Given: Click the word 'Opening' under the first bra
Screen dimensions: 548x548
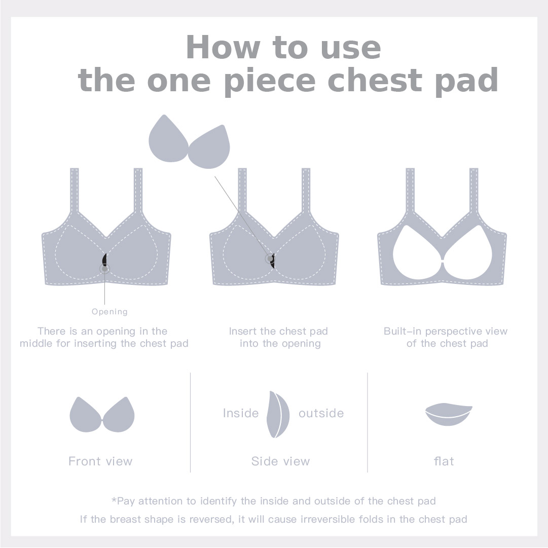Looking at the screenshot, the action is [109, 311].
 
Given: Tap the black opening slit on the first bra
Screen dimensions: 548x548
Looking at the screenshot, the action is [104, 260].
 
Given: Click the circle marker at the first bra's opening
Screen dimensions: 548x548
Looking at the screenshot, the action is [104, 269].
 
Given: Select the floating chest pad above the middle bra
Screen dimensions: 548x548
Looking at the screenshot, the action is [189, 141].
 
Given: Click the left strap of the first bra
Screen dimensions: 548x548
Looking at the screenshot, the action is [75, 191].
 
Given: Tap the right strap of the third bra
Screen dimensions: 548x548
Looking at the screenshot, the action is [473, 191].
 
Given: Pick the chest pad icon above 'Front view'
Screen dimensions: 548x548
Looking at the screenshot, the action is [102, 415].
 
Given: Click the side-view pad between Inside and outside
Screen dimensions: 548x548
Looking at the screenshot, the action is [278, 415].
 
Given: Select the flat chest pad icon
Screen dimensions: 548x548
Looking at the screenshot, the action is [449, 414].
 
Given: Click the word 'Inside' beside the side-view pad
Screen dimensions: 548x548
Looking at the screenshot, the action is [241, 413].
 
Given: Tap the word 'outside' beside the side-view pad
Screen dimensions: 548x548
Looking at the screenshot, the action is [321, 413].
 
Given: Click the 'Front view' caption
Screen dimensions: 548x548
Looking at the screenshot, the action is [101, 461].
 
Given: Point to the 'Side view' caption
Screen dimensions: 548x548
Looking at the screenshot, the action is [281, 461].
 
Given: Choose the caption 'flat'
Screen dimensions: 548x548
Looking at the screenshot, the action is [444, 461].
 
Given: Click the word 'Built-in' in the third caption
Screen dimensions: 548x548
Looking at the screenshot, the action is [403, 331].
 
